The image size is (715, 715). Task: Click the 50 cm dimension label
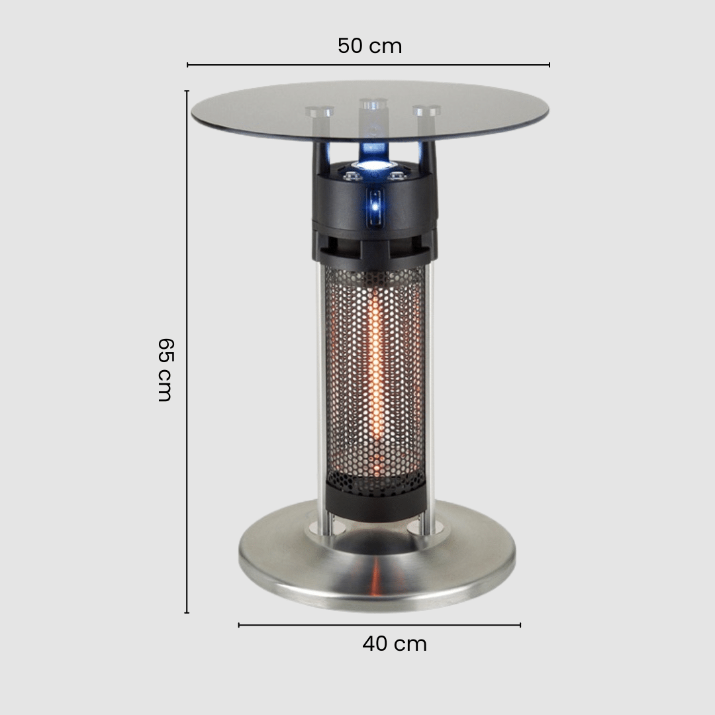370,46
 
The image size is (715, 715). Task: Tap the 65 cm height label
165,370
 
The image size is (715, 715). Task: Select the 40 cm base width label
395,644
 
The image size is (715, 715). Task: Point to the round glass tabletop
370,111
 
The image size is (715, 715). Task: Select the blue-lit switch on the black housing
375,207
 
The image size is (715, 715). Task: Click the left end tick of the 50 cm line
187,65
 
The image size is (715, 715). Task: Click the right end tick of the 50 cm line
549,65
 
